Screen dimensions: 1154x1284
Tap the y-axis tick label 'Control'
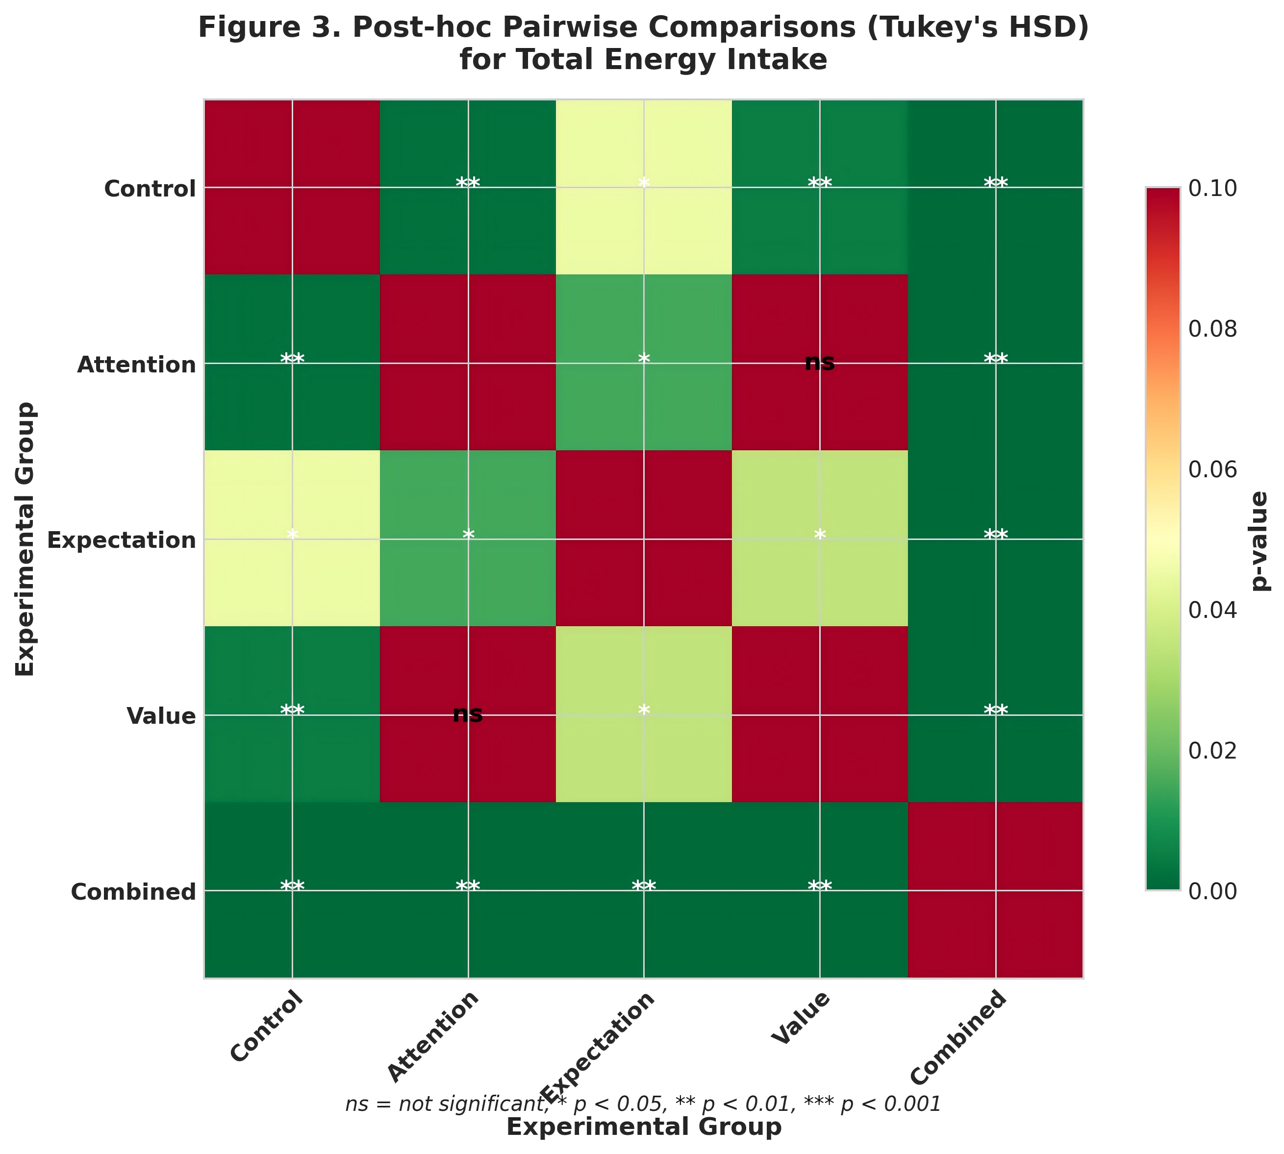[x=150, y=189]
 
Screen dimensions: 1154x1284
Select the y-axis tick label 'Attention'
[x=136, y=365]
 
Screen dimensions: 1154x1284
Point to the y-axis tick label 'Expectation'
[x=122, y=540]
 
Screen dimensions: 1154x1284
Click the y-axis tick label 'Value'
[x=160, y=716]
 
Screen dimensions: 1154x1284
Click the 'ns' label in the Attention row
[x=820, y=363]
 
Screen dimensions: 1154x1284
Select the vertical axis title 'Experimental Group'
[x=25, y=539]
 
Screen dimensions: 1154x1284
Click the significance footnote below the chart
[x=643, y=1105]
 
